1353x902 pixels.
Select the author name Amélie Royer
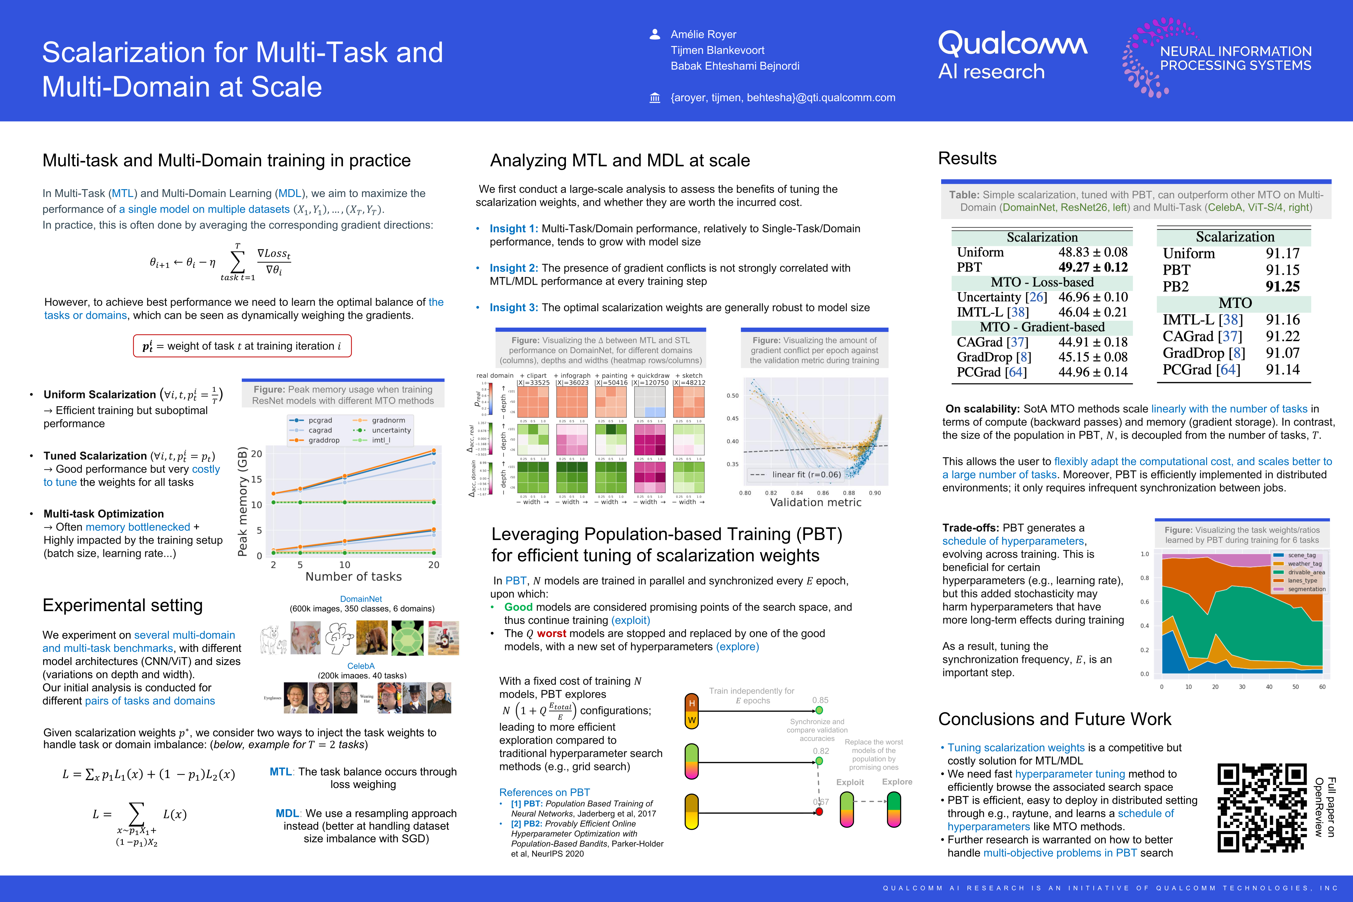pyautogui.click(x=703, y=34)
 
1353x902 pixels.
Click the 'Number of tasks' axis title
pyautogui.click(x=353, y=576)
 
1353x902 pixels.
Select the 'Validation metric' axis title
pyautogui.click(x=815, y=502)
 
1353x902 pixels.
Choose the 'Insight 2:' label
pyautogui.click(x=513, y=268)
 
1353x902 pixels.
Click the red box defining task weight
pyautogui.click(x=242, y=346)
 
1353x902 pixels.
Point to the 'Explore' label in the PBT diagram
pyautogui.click(x=897, y=782)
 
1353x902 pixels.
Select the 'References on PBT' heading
pyautogui.click(x=544, y=792)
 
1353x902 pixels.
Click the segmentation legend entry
pyautogui.click(x=1306, y=589)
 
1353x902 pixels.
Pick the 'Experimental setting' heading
pyautogui.click(x=122, y=605)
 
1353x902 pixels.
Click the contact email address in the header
pyautogui.click(x=782, y=98)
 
